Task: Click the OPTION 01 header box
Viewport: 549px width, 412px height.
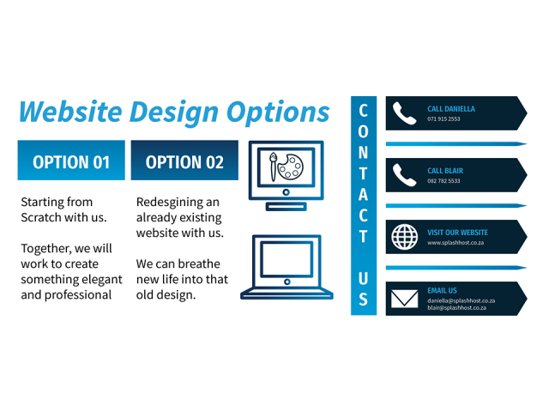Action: coord(71,161)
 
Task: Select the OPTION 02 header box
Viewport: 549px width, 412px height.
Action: coord(184,161)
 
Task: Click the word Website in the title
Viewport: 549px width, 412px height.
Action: coord(70,112)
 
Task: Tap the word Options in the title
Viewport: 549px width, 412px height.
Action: coord(278,113)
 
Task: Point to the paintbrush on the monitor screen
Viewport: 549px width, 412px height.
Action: coord(273,167)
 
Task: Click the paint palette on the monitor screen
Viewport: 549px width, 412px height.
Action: coord(291,167)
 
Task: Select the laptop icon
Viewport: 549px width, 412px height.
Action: coord(287,267)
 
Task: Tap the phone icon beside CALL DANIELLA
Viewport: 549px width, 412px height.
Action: coord(404,113)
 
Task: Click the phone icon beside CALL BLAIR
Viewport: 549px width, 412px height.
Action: coord(404,175)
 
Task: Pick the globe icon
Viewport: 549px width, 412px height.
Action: coord(404,237)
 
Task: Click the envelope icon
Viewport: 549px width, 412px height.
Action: coord(404,299)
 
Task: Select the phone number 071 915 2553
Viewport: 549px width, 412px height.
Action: coord(443,119)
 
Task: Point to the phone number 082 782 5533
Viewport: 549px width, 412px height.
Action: coord(443,181)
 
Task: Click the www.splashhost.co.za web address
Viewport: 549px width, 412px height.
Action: coord(455,243)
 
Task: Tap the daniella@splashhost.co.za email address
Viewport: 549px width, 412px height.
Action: coord(462,301)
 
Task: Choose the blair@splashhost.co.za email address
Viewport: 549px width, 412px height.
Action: coord(456,308)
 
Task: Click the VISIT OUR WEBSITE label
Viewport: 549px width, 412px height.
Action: coord(457,233)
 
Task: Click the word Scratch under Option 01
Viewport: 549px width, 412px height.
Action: coord(41,217)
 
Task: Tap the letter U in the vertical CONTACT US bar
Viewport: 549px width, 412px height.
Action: coord(364,278)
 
